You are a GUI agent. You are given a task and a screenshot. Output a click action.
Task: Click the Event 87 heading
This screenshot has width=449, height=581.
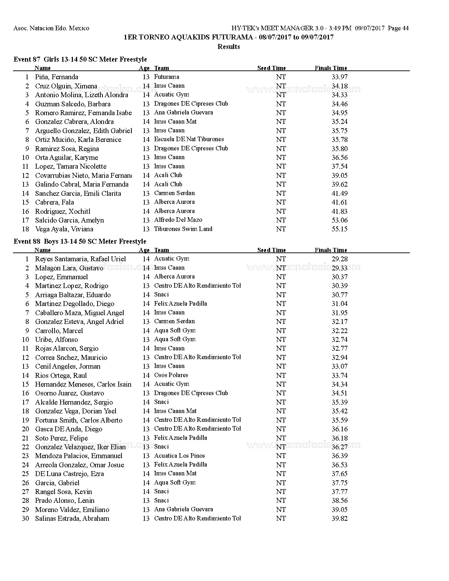tap(80, 59)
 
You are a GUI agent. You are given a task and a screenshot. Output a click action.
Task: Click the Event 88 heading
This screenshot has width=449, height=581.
tap(80, 241)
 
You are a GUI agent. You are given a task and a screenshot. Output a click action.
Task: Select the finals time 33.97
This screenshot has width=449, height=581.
tap(339, 77)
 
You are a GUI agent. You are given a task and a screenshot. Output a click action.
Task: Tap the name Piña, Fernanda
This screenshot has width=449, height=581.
tap(56, 77)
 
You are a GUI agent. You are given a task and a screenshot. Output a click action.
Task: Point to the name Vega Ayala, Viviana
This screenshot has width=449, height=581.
tap(64, 229)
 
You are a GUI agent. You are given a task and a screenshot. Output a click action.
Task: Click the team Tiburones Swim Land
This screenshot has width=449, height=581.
tap(183, 229)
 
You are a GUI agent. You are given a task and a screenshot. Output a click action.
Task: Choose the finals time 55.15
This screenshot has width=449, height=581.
tap(339, 229)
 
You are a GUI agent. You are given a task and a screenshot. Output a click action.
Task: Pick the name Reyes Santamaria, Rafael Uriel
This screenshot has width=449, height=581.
tap(80, 259)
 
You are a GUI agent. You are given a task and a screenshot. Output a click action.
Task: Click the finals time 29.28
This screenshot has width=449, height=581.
tap(339, 259)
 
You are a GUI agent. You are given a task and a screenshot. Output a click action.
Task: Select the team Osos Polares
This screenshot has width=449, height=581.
tap(171, 375)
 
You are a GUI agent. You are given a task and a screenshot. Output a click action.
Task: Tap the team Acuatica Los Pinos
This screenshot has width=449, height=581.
tap(179, 456)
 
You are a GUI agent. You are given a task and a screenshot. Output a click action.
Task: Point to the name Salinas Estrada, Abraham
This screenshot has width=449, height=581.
tap(72, 519)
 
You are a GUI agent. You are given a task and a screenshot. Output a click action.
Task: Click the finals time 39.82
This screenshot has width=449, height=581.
tap(339, 519)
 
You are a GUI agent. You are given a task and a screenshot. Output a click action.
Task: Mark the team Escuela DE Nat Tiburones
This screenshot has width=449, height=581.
tap(189, 139)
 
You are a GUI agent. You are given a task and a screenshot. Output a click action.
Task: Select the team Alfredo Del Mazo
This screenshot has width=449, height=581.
tap(178, 220)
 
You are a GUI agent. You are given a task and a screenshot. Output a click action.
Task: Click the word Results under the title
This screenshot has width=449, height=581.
tap(229, 46)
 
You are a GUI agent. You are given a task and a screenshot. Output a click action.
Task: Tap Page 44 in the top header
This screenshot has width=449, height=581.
tap(398, 28)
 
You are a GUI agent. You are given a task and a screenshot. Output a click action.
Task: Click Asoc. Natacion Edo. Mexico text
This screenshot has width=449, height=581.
tap(51, 28)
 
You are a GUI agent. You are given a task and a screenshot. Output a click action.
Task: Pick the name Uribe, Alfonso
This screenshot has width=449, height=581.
tap(56, 340)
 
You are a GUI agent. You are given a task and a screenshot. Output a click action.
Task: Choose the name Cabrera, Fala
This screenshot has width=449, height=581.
tap(54, 202)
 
